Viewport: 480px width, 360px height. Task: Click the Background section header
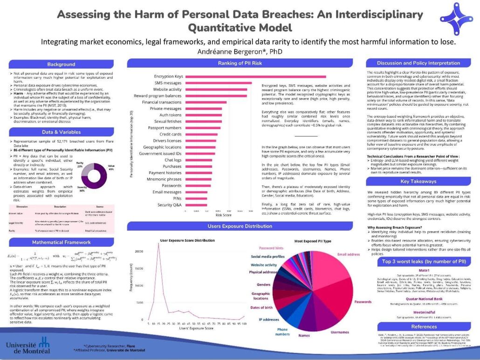click(61, 64)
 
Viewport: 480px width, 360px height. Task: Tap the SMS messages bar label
click(168, 83)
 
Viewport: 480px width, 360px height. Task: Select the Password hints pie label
click(271, 248)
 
